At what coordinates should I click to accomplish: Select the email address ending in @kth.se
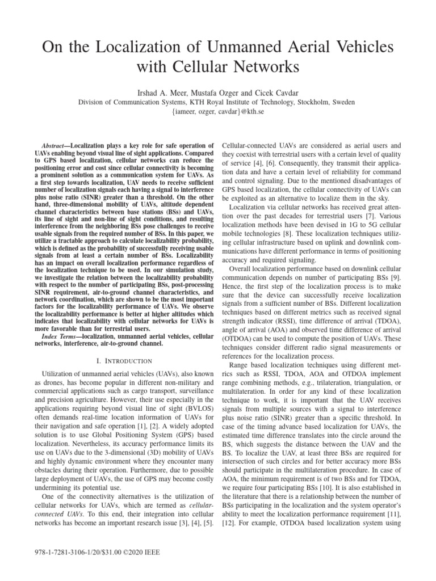coord(218,112)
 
